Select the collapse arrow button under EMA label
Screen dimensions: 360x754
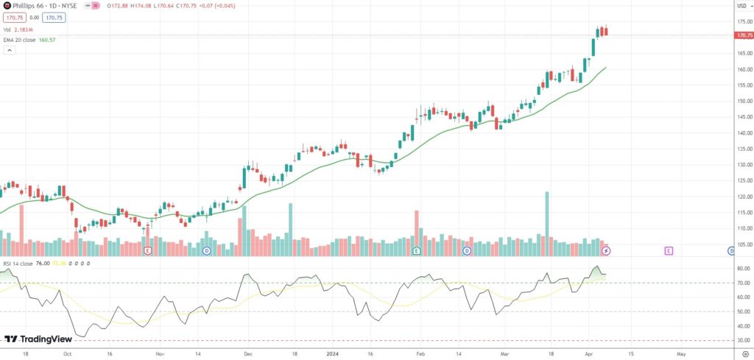point(10,50)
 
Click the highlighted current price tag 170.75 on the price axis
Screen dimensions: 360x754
point(744,35)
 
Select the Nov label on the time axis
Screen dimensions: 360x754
point(160,353)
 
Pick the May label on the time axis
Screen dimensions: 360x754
point(681,353)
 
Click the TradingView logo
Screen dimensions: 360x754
point(34,339)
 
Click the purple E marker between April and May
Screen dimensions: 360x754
point(669,251)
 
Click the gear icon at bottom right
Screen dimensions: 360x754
point(744,354)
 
